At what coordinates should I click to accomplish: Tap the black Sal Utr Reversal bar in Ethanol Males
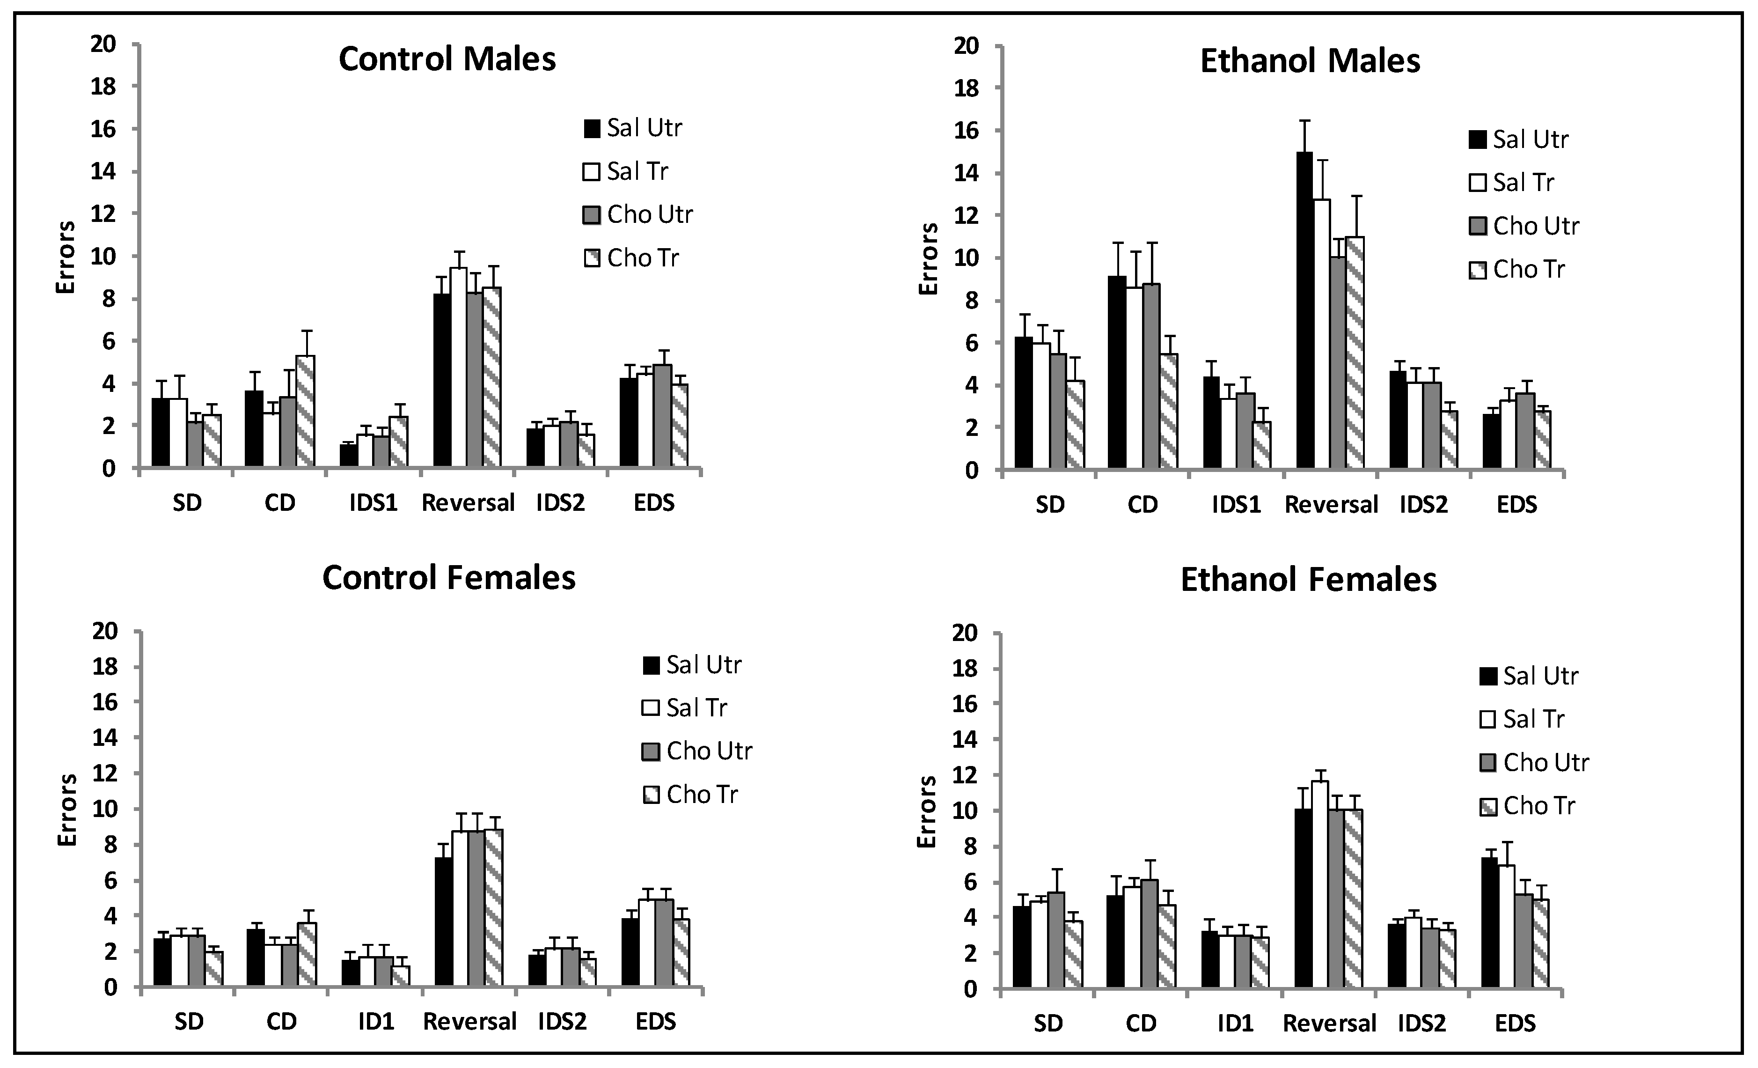point(1304,310)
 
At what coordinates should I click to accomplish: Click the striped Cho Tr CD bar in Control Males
point(305,412)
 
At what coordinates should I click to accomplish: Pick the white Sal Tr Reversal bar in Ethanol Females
point(1319,885)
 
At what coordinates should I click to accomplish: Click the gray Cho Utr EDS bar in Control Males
point(662,416)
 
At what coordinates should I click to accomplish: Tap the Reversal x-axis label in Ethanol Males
point(1331,505)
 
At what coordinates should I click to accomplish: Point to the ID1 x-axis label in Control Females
point(375,1022)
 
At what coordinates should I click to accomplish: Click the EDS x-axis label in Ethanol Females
point(1515,1024)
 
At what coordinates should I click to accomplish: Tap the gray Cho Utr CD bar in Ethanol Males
point(1150,376)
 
